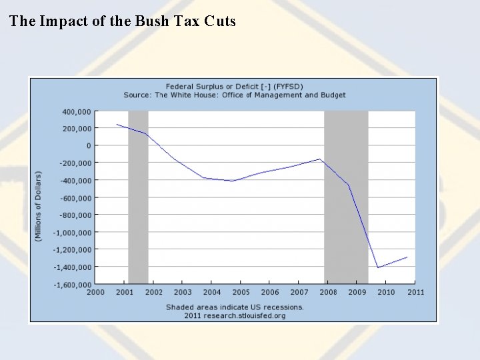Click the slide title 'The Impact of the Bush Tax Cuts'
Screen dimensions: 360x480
123,21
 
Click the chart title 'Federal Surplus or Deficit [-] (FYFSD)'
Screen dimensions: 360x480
234,87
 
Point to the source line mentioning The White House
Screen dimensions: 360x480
234,95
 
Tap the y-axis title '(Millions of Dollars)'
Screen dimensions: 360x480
38,206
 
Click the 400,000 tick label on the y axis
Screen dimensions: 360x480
77,111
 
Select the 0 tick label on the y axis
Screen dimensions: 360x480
88,145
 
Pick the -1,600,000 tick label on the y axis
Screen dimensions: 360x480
73,285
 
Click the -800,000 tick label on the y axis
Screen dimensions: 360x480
75,215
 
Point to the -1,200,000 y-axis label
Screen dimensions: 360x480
73,249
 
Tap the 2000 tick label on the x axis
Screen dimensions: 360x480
95,292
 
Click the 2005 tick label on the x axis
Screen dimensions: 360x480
241,292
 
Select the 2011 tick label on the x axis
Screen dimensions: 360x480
415,292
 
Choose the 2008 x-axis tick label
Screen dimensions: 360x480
328,292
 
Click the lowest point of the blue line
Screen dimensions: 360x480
378,267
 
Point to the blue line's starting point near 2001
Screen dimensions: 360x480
117,124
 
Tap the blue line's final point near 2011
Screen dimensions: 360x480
407,257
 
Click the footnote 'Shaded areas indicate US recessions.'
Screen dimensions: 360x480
234,307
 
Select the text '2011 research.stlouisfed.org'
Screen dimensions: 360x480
234,315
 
